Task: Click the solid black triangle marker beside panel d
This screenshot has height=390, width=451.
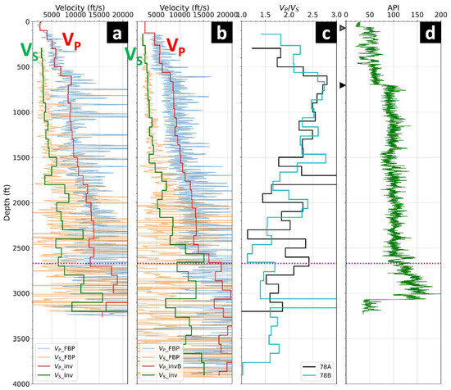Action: coord(344,85)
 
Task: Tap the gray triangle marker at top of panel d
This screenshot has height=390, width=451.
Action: coord(344,27)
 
